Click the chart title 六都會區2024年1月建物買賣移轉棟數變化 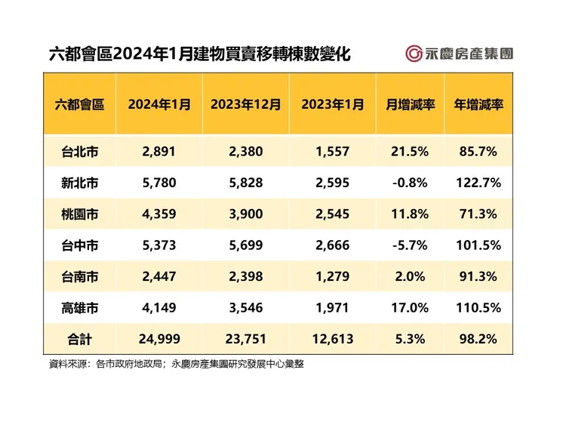point(198,54)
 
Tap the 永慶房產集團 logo point(459,54)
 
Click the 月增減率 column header point(409,104)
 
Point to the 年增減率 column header point(478,104)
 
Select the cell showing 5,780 point(158,183)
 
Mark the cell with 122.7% point(478,183)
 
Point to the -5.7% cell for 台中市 point(409,245)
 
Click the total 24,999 point(158,339)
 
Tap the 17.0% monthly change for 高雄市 point(409,307)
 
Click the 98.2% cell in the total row point(478,339)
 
